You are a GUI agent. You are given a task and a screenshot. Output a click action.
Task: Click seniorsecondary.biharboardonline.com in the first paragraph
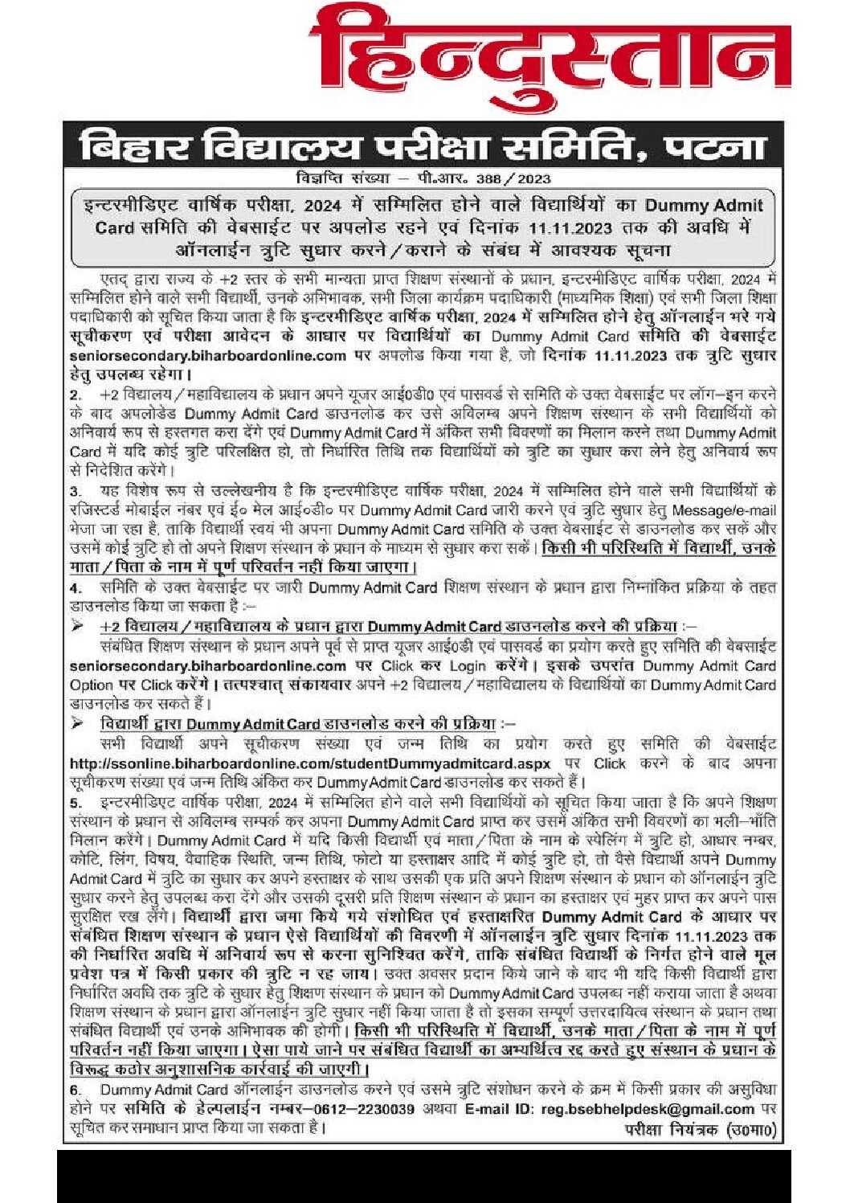pos(207,355)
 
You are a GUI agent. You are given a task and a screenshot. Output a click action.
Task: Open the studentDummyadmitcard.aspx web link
pos(310,763)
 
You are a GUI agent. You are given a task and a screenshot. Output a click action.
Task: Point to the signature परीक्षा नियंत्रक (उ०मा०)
pos(699,1129)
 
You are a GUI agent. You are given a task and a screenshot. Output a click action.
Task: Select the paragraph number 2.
pos(76,395)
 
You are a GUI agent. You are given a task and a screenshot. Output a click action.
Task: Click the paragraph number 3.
pos(76,491)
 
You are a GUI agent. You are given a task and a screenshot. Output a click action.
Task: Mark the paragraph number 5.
pos(76,803)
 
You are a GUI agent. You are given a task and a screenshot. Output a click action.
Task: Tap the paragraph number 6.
pos(76,1090)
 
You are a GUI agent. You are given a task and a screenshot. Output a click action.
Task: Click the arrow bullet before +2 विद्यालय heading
pos(77,626)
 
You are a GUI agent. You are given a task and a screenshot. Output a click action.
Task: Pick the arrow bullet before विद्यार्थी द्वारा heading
pos(77,723)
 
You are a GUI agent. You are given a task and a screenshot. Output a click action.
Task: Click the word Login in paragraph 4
pos(468,665)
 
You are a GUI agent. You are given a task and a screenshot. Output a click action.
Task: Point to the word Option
pos(91,685)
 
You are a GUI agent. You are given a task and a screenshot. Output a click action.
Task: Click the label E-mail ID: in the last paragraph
pos(499,1109)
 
